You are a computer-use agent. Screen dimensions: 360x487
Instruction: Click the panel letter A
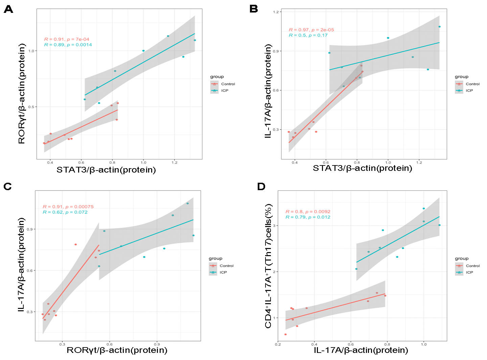pyautogui.click(x=8, y=9)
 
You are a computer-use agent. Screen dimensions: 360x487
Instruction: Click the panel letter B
pyautogui.click(x=254, y=9)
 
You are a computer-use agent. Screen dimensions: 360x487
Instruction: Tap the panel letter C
pyautogui.click(x=8, y=186)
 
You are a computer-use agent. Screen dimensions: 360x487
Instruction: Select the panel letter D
pyautogui.click(x=261, y=186)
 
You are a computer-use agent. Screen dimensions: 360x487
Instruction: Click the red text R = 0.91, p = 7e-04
pyautogui.click(x=67, y=39)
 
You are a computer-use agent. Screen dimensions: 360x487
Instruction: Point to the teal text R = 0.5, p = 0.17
pyautogui.click(x=308, y=35)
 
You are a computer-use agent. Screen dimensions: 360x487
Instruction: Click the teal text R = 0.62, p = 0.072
pyautogui.click(x=65, y=212)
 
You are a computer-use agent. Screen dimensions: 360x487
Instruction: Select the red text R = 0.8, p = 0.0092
pyautogui.click(x=308, y=211)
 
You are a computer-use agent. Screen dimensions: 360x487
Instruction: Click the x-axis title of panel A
pyautogui.click(x=106, y=170)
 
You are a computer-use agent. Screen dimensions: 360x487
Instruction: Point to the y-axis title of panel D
pyautogui.click(x=269, y=266)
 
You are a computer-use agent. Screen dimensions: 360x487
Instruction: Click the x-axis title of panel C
pyautogui.click(x=117, y=350)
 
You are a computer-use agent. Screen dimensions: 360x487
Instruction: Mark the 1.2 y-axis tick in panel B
pyautogui.click(x=276, y=12)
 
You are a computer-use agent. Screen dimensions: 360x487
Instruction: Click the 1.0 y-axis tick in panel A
pyautogui.click(x=31, y=51)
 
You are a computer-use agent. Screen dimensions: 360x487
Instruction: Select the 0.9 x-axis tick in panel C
pyautogui.click(x=157, y=344)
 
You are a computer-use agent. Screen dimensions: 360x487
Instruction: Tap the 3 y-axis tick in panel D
pyautogui.click(x=275, y=226)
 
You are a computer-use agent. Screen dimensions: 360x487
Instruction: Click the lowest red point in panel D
pyautogui.click(x=285, y=334)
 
